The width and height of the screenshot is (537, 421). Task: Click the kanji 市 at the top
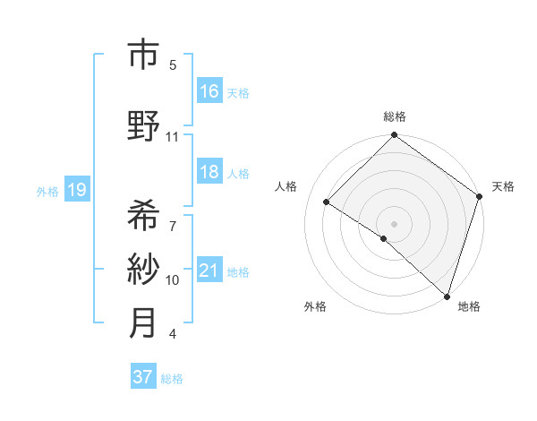[x=143, y=56]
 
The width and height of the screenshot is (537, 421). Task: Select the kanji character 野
[x=143, y=125]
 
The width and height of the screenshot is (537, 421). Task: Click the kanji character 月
[x=143, y=322]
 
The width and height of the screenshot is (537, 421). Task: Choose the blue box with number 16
[x=209, y=90]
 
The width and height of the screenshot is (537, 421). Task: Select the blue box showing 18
[x=209, y=172]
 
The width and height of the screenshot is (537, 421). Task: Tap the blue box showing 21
[x=209, y=271]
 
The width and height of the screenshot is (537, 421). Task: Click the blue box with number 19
[x=77, y=189]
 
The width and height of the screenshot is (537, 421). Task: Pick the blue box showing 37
[x=143, y=377]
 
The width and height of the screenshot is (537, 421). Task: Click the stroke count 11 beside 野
[x=173, y=137]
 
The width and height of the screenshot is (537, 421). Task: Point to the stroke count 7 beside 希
[x=173, y=218]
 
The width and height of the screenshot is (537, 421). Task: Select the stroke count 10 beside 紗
[x=173, y=280]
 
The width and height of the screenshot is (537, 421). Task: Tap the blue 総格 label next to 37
[x=172, y=379]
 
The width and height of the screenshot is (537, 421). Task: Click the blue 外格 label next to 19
[x=47, y=191]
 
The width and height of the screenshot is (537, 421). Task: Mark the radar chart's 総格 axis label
[x=395, y=116]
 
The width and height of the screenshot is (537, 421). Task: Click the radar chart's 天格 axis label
[x=503, y=186]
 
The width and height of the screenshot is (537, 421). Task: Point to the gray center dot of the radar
[x=394, y=223]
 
